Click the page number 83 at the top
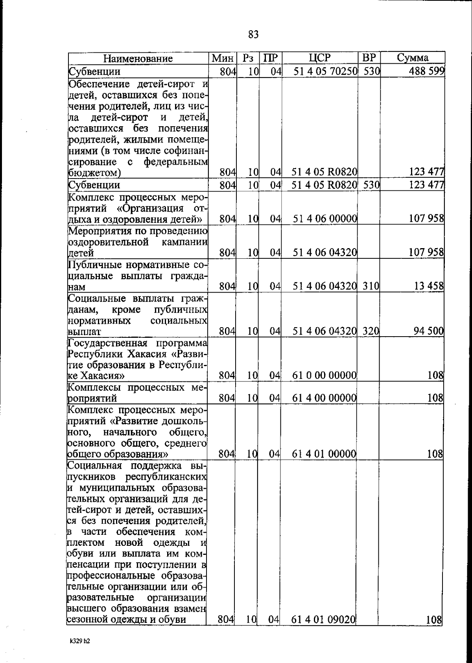coord(253,35)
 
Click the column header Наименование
coord(138,59)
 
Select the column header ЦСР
coord(320,58)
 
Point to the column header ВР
coord(369,58)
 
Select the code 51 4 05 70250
coord(325,72)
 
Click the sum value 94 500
coord(428,331)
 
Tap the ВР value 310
coord(370,286)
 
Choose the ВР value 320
coord(370,331)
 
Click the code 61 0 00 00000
coord(324,376)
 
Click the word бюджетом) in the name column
coord(94,173)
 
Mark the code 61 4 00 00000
coord(324,398)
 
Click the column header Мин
coord(223,59)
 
